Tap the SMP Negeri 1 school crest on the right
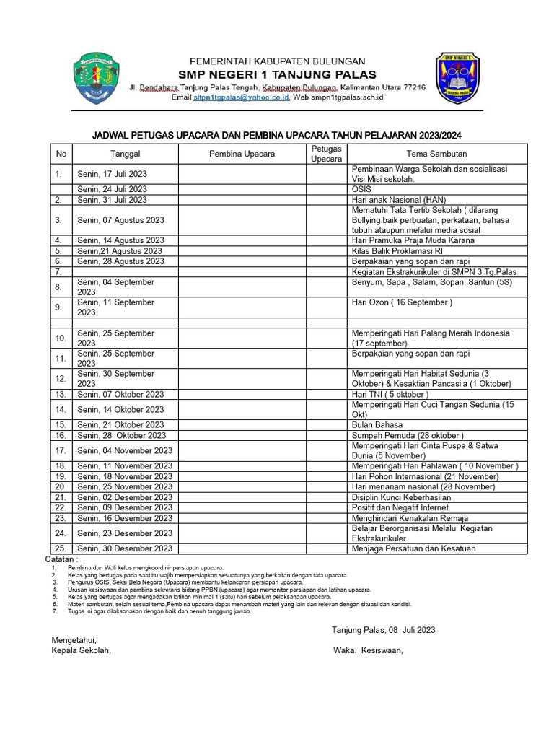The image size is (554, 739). click(457, 78)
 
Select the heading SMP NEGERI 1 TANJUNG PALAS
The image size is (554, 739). click(277, 74)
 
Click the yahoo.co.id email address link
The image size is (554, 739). click(240, 97)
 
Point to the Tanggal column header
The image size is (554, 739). click(125, 154)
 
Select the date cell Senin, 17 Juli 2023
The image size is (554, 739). click(112, 174)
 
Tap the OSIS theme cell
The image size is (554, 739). click(361, 189)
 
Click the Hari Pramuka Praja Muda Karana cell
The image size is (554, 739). click(413, 240)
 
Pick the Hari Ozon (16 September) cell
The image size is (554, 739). click(402, 302)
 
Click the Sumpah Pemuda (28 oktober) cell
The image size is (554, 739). click(408, 435)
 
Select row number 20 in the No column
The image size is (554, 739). click(60, 487)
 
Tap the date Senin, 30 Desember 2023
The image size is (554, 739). click(125, 548)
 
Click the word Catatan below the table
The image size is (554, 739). click(61, 559)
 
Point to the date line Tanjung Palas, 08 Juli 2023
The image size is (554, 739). click(383, 630)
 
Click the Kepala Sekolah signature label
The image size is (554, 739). click(82, 650)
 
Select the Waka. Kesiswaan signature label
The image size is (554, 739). click(368, 650)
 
